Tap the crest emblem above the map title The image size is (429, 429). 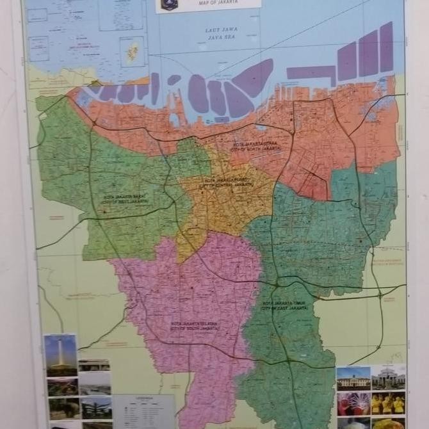[169, 4]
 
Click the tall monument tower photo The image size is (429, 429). [60, 355]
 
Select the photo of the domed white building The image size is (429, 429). [389, 377]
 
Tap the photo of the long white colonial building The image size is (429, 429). [353, 378]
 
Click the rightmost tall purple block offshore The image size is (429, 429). [386, 46]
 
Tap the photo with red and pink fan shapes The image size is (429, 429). [353, 403]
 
